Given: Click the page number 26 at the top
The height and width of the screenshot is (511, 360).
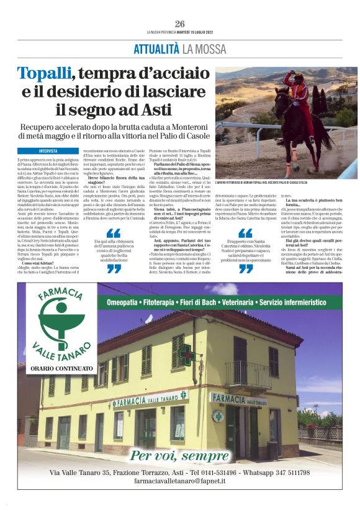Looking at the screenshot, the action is click(x=179, y=23).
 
